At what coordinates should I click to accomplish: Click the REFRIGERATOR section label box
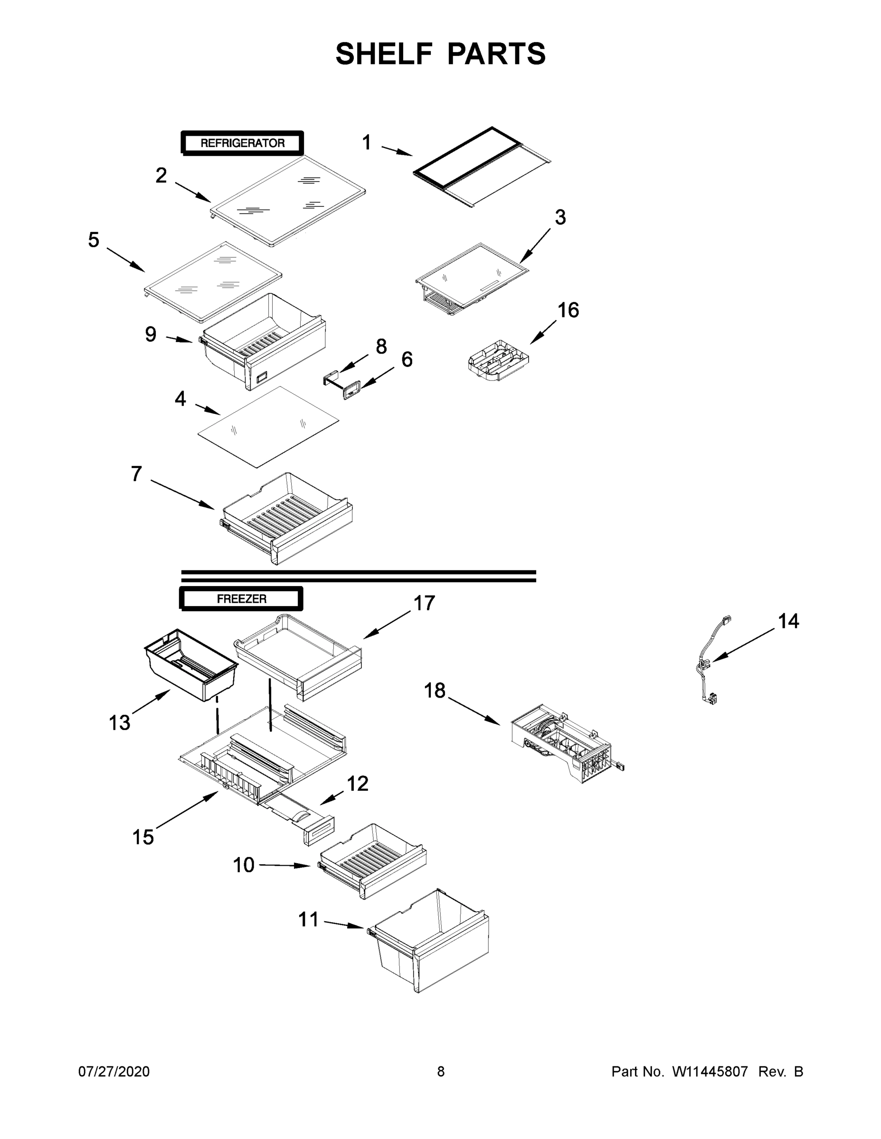pyautogui.click(x=242, y=143)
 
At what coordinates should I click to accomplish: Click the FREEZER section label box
pyautogui.click(x=241, y=599)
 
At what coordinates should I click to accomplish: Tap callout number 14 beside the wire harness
pyautogui.click(x=788, y=621)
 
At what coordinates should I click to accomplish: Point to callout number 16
pyautogui.click(x=568, y=310)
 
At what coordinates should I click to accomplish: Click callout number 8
pyautogui.click(x=381, y=346)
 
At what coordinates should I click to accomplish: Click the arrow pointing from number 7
pyautogui.click(x=182, y=493)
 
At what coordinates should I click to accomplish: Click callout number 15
pyautogui.click(x=143, y=838)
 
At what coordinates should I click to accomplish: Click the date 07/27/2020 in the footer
pyautogui.click(x=114, y=1072)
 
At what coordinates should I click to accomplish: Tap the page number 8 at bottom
pyautogui.click(x=441, y=1072)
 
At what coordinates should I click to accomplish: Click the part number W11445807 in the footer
pyautogui.click(x=710, y=1072)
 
